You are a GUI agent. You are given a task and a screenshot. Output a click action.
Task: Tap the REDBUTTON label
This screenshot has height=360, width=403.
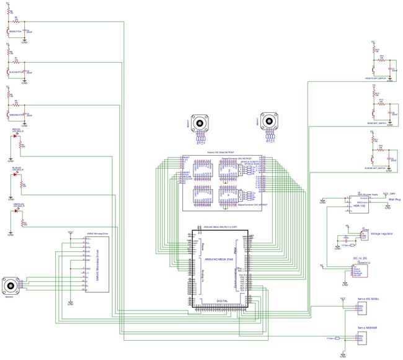pos(16,30)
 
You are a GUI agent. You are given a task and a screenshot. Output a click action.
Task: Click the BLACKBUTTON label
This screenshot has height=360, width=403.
pos(16,71)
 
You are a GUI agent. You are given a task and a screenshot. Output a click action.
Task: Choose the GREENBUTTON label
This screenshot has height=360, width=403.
pos(16,114)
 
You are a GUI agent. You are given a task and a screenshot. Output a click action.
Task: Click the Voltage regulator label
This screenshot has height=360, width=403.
pos(382,233)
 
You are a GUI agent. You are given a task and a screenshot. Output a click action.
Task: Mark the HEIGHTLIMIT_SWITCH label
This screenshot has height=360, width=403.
pos(377,79)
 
